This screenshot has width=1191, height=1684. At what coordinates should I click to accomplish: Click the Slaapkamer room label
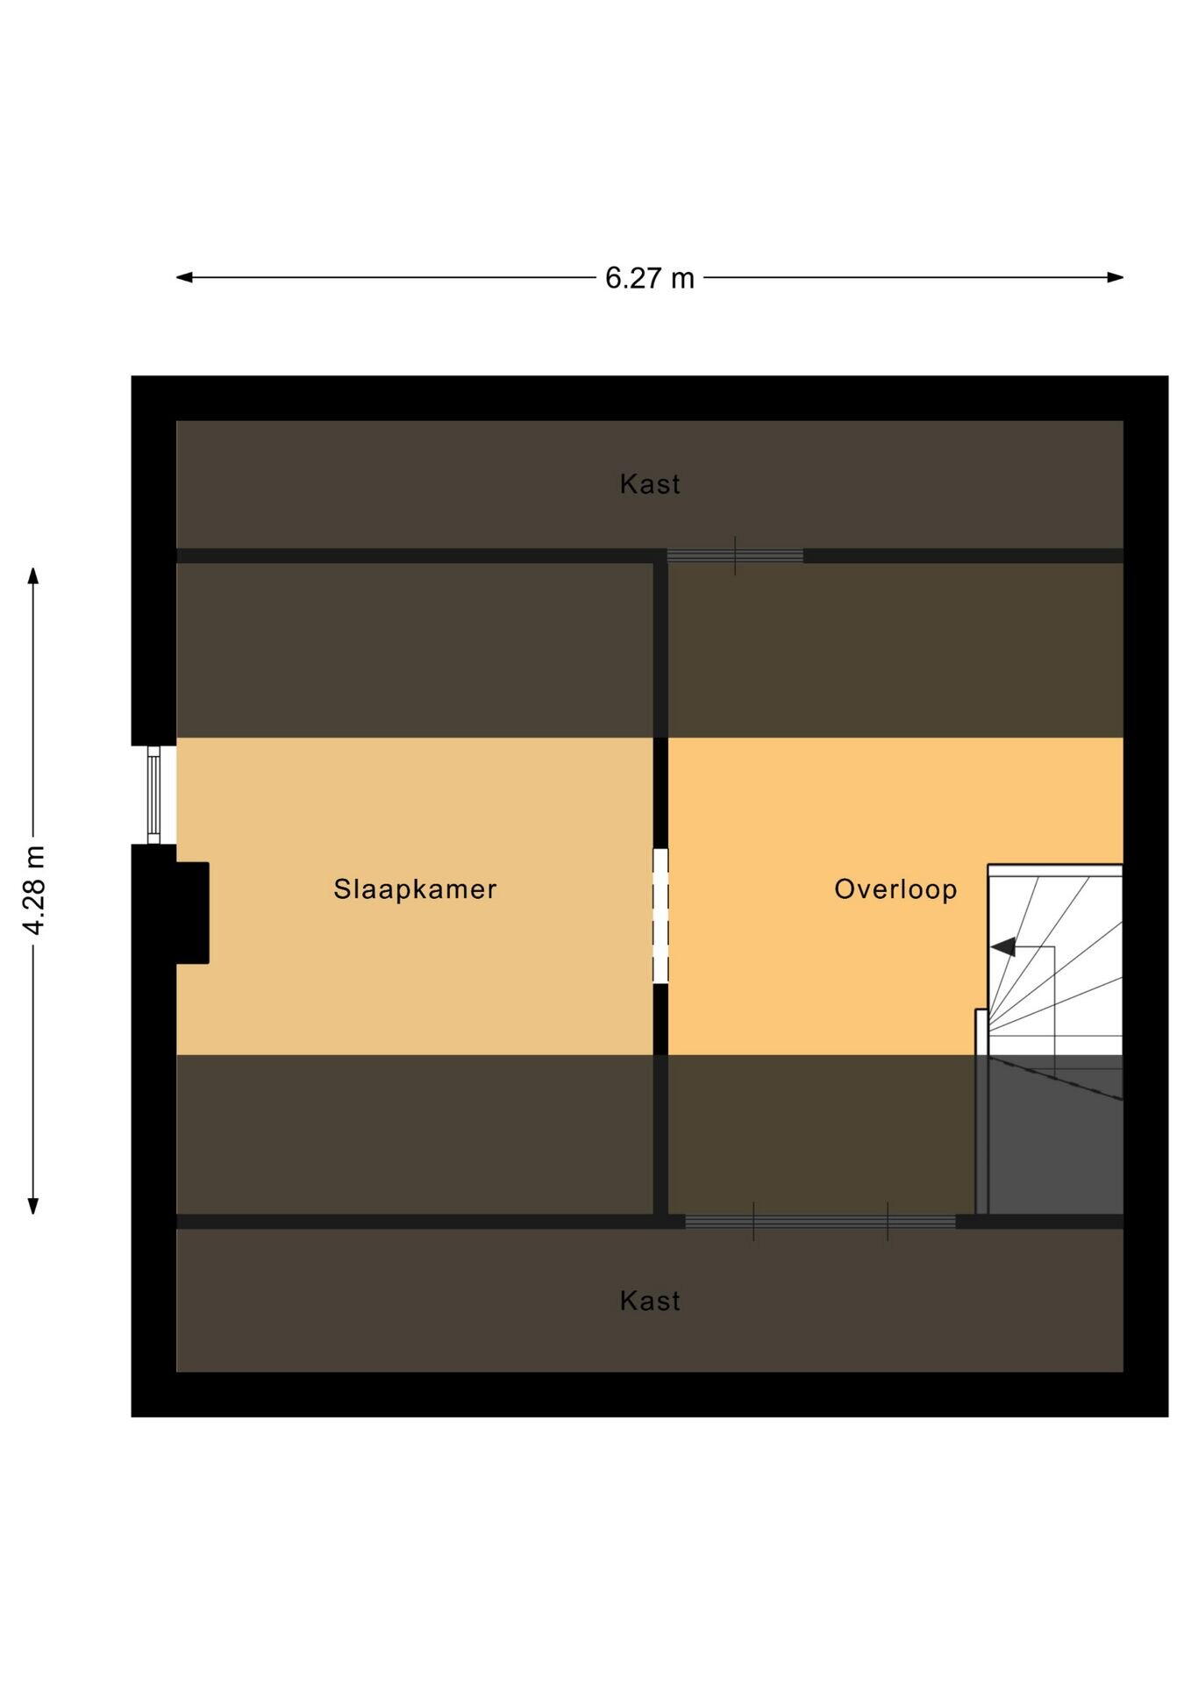415,889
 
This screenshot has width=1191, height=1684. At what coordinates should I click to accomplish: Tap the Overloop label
895,889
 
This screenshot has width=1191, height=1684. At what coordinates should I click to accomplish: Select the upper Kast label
650,484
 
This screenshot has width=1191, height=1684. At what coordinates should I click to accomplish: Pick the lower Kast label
650,1301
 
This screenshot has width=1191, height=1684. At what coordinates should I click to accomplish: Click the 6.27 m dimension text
650,278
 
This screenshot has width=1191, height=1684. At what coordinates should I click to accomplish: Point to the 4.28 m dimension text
35,891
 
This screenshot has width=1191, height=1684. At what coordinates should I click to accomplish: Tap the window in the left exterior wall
153,795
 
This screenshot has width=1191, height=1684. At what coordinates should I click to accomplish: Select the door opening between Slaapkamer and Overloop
660,916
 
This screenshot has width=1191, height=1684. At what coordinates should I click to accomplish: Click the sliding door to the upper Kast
735,556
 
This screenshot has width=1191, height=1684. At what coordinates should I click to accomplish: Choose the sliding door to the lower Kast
820,1222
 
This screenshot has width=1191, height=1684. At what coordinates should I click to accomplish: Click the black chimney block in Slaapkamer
192,913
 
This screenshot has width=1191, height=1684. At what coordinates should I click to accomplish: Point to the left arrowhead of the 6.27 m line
184,277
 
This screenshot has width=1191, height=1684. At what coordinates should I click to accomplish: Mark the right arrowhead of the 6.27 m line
1115,277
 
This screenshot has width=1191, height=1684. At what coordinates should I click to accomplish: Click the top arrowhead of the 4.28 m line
33,575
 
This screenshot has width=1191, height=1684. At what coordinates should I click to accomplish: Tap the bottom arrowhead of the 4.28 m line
33,1206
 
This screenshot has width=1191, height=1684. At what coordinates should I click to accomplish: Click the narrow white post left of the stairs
981,1111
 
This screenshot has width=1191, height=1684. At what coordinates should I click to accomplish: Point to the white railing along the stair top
1055,870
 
